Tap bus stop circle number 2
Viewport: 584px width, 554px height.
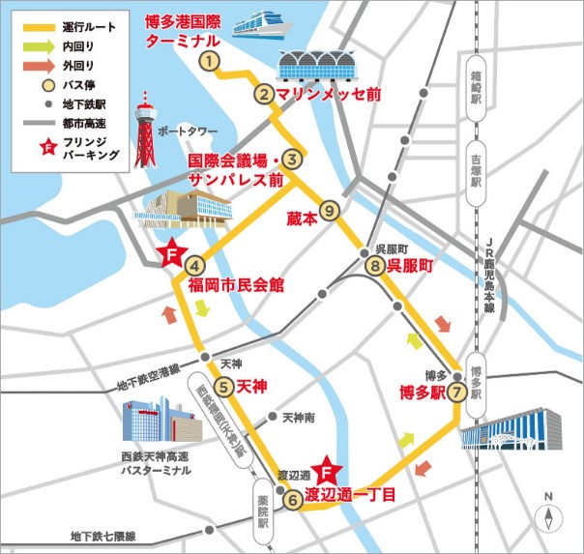tap(263, 95)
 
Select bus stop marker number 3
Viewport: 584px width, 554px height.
tap(295, 161)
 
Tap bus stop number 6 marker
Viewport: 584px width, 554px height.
tap(292, 500)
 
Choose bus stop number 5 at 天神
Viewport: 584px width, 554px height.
tap(223, 388)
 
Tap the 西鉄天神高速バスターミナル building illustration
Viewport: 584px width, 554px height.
tap(160, 424)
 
